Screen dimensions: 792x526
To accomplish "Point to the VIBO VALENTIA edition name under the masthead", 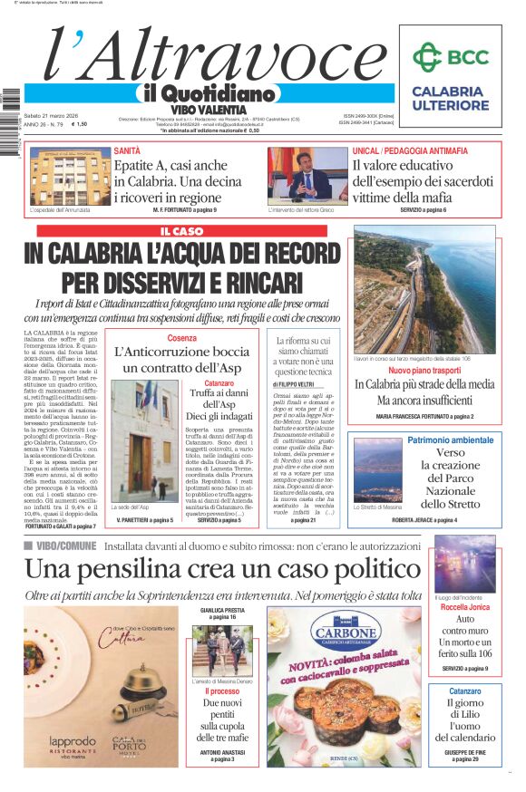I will pyautogui.click(x=209, y=109).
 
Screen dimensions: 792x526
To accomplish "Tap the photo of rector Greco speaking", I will pyautogui.click(x=307, y=175).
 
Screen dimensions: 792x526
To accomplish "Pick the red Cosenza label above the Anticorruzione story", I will pyautogui.click(x=181, y=338).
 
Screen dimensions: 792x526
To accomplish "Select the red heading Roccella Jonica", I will pyautogui.click(x=465, y=608).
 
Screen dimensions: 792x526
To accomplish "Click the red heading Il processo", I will pyautogui.click(x=221, y=691).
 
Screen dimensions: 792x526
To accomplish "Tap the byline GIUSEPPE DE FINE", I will pyautogui.click(x=464, y=752).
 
